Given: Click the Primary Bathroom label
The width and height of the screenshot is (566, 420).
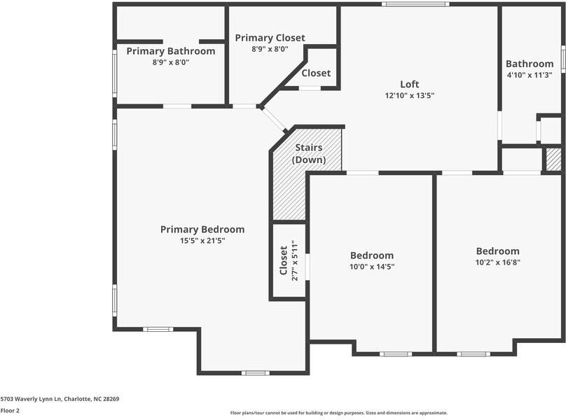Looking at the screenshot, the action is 170,51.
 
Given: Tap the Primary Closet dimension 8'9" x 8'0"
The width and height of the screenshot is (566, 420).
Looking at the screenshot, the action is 270,49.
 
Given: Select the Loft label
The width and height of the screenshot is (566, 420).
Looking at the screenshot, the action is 409,84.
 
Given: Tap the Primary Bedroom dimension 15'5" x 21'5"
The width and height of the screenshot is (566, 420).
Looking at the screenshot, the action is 202,240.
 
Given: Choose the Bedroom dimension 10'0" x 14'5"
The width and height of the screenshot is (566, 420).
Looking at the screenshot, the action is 371,266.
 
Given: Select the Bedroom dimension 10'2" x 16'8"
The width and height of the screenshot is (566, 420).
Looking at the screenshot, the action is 497,262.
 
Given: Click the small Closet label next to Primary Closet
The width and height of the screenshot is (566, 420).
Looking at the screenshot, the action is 316,73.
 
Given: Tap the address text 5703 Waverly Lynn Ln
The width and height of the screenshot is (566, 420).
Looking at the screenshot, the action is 60,399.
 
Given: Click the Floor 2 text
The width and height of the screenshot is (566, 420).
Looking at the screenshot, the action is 10,410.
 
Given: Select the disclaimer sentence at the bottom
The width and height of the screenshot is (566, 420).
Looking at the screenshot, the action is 339,413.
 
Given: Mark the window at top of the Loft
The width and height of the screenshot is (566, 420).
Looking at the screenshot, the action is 415,4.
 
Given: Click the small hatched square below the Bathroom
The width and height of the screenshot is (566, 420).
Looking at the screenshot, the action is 553,160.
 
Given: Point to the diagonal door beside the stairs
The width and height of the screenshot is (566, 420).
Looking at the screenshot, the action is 275,120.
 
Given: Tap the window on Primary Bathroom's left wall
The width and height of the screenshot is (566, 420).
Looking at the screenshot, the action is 116,72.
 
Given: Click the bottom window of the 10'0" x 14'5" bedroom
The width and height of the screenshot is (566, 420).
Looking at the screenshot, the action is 395,353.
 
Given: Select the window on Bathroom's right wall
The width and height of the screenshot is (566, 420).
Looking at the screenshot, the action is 562,59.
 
